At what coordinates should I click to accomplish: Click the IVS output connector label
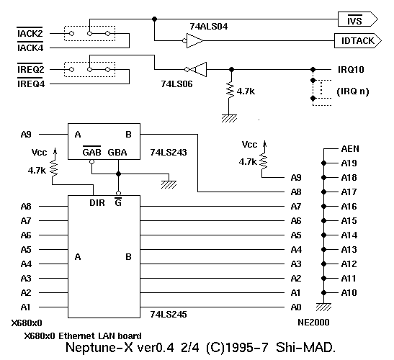(354, 20)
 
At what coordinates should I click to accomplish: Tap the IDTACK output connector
(358, 41)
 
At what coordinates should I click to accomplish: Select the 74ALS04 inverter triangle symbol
(194, 40)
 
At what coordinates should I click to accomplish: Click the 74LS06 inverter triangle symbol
(199, 69)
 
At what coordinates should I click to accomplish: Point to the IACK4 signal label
(30, 47)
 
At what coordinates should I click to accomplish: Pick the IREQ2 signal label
(31, 68)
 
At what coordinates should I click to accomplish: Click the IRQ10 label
(351, 70)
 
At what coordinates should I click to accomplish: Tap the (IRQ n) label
(353, 91)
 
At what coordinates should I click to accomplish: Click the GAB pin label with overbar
(91, 151)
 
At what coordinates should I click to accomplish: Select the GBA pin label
(117, 153)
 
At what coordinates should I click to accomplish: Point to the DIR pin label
(97, 203)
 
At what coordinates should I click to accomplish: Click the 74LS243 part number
(169, 153)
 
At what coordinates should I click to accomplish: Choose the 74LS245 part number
(169, 314)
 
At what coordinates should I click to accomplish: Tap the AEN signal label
(350, 149)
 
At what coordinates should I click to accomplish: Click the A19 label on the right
(349, 163)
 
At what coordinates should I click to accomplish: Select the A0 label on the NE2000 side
(296, 307)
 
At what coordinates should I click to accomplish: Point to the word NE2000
(313, 323)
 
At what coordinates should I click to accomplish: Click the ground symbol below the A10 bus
(323, 307)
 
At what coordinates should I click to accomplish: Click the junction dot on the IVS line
(155, 19)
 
